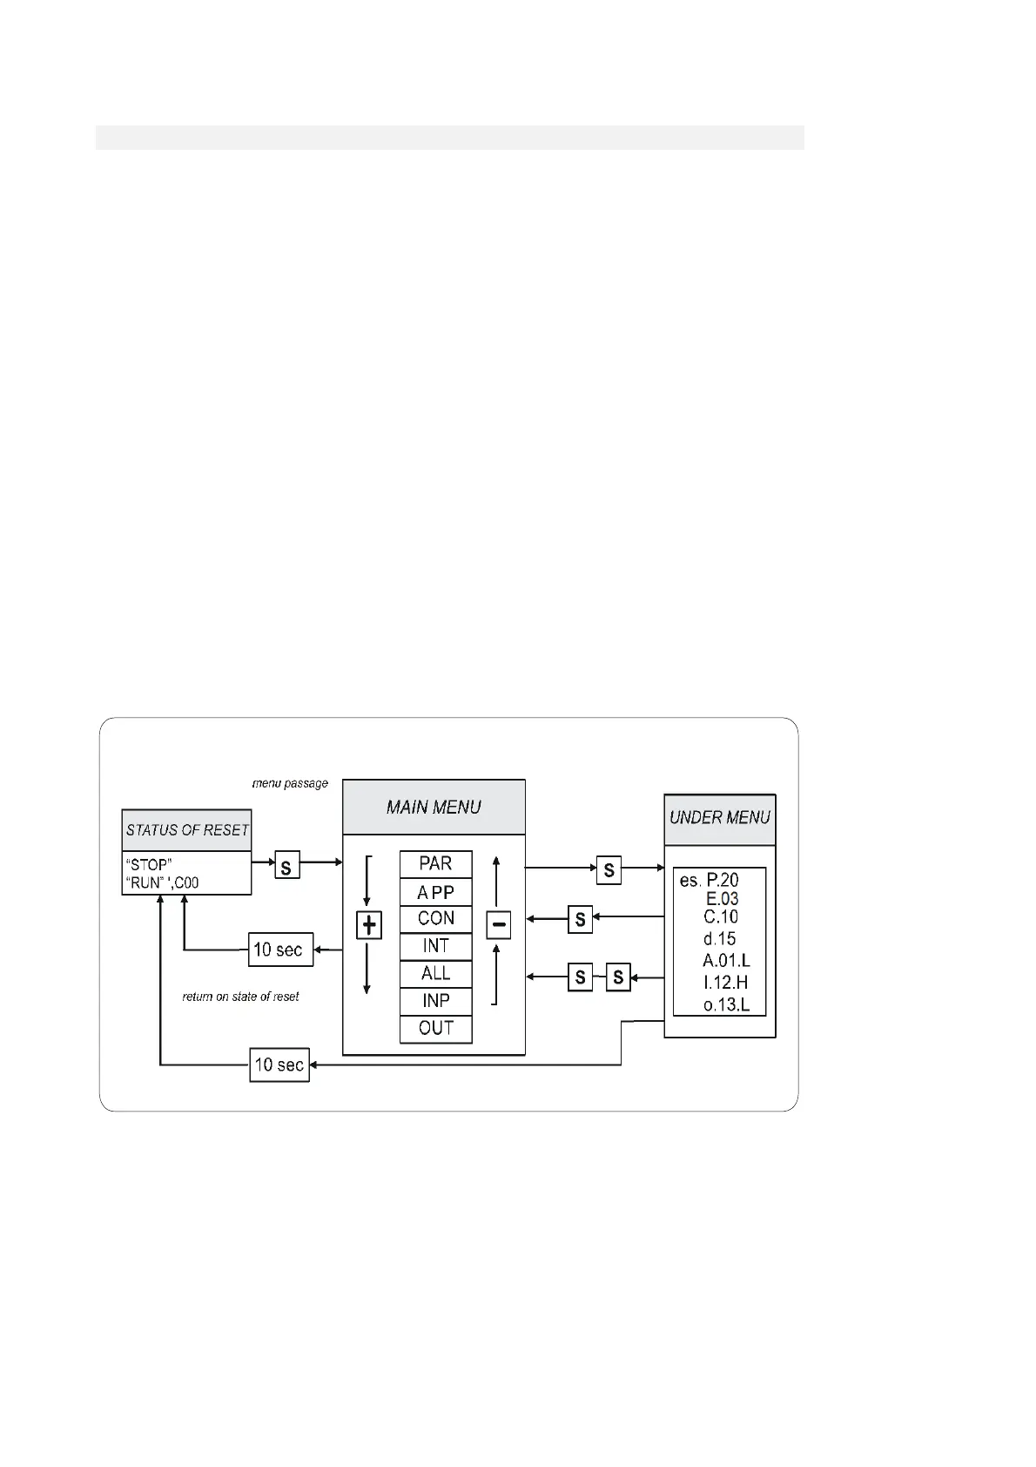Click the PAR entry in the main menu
[435, 864]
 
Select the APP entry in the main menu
[435, 892]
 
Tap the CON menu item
[435, 919]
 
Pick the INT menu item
[435, 946]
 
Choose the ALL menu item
[435, 973]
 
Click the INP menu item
[435, 1001]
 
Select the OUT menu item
[435, 1029]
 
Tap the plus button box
[369, 925]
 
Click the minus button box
[498, 925]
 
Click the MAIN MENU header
[434, 808]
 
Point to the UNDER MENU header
[719, 818]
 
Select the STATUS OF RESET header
[187, 830]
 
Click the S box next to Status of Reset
[287, 867]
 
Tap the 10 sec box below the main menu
[279, 1065]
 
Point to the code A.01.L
[726, 961]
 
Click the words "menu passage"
[290, 784]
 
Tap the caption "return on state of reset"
[240, 997]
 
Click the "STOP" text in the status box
[149, 866]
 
